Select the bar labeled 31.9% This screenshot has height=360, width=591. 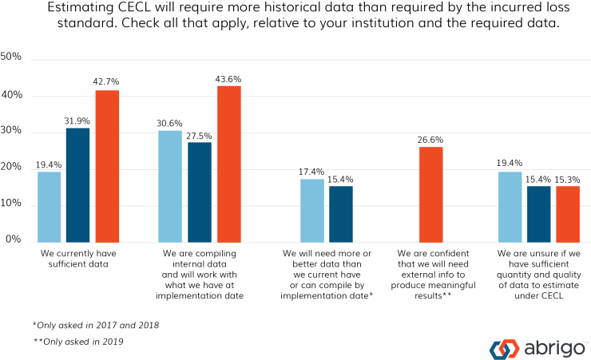pos(78,185)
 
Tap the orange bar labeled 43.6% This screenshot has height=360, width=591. pos(229,164)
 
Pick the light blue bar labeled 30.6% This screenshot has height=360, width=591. pos(170,186)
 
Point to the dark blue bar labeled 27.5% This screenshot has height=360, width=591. pos(200,192)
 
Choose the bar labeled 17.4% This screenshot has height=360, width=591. pos(312,210)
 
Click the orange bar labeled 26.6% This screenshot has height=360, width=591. pos(430,194)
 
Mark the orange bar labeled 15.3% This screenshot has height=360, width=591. pos(568,214)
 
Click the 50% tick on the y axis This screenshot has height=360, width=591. pos(16,58)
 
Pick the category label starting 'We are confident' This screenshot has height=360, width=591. pos(430,274)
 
